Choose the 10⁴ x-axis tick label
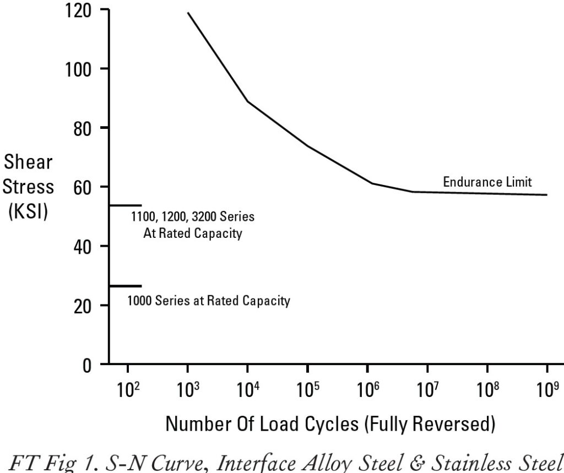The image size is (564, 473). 247,390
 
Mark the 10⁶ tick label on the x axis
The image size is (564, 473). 367,390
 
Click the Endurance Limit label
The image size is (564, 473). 487,182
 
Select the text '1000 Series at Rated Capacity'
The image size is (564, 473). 209,301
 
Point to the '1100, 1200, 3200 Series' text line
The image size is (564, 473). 192,216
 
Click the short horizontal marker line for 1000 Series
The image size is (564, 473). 126,286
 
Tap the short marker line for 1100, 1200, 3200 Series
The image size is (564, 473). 126,205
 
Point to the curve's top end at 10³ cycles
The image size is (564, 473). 188,13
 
